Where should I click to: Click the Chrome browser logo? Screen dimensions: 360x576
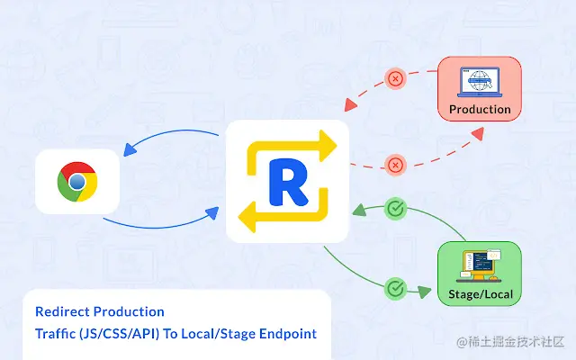point(77,183)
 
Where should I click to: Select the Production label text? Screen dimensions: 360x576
point(480,109)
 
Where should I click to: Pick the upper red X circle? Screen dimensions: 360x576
point(394,78)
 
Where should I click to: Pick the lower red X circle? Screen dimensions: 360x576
point(394,164)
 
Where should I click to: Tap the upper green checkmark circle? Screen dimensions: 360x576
point(394,210)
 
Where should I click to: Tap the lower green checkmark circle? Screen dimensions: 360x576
point(394,289)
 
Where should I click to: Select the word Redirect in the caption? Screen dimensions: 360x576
point(63,311)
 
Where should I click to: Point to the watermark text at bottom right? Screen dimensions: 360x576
point(510,342)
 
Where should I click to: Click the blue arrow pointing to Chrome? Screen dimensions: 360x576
point(130,149)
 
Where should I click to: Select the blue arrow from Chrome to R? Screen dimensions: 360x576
point(212,213)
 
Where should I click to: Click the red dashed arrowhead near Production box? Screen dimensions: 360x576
point(476,133)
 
